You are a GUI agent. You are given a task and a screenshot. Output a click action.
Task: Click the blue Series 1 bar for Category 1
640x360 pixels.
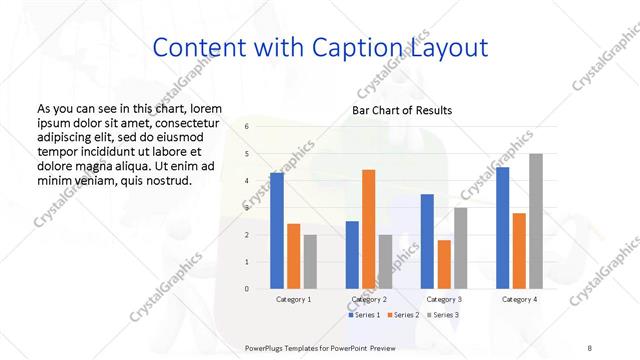coord(277,231)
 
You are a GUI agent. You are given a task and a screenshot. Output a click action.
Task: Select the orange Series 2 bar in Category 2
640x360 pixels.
coord(369,229)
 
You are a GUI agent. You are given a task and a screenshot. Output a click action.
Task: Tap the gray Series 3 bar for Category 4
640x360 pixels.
coord(536,221)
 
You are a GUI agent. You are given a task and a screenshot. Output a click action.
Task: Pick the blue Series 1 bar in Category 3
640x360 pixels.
coord(427,241)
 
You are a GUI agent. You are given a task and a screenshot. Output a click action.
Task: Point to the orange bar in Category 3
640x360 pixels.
coord(444,264)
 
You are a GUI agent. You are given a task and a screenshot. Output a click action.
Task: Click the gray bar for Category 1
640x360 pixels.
coord(310,262)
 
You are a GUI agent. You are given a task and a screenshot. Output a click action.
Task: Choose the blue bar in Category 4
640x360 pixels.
coord(502,228)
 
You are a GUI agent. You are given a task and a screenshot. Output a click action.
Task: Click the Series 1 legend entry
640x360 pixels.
coord(367,315)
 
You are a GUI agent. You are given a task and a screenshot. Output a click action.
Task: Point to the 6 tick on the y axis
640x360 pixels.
coord(246,127)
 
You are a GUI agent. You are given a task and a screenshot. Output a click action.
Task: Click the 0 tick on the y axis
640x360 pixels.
coord(246,289)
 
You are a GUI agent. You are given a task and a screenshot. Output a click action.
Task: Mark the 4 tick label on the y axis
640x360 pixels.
coord(246,181)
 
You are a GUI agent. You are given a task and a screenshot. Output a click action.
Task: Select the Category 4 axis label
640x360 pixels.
coord(519,299)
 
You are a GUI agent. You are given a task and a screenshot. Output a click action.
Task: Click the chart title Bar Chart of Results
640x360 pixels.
coord(402,110)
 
